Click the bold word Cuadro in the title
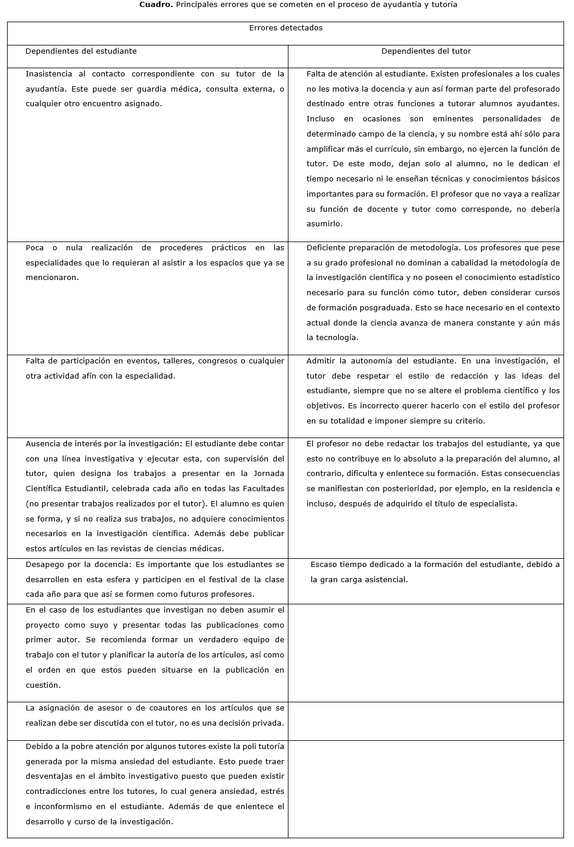tap(153, 5)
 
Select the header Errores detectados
tap(286, 28)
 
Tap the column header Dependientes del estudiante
tap(81, 51)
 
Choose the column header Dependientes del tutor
tap(426, 51)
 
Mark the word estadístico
tap(538, 278)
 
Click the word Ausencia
tap(43, 444)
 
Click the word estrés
tap(272, 792)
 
